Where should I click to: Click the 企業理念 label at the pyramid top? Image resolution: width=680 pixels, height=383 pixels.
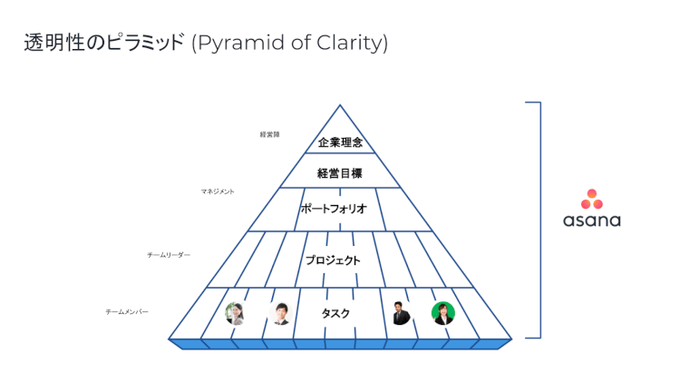[341, 142]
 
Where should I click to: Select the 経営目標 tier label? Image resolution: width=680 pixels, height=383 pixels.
[340, 172]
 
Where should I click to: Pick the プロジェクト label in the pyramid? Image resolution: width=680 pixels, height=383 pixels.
[333, 260]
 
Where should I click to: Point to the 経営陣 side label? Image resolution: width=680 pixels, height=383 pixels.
[269, 134]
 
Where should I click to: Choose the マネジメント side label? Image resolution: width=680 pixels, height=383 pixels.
[218, 191]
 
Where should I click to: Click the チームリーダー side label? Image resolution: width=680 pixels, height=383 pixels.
[169, 256]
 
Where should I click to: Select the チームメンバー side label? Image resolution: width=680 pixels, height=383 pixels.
[127, 311]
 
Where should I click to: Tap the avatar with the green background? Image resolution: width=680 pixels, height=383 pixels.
[442, 313]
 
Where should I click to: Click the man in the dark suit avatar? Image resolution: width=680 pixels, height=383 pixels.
[401, 313]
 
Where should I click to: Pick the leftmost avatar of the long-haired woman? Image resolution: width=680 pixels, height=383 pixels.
[235, 313]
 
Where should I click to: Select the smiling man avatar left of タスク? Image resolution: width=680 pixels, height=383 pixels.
[279, 313]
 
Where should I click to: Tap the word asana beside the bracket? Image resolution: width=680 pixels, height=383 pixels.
[591, 221]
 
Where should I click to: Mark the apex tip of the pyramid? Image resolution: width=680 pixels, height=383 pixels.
[340, 105]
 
